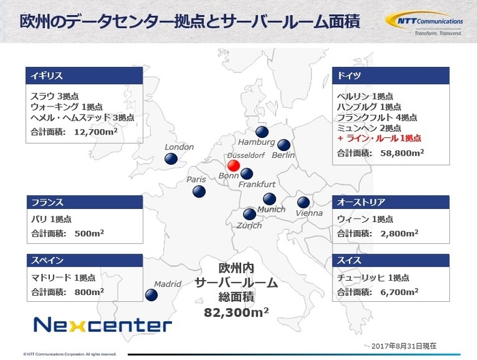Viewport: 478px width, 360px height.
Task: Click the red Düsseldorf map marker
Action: click(x=233, y=166)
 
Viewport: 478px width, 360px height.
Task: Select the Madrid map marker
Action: click(x=152, y=294)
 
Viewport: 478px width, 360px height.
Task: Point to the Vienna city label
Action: click(x=309, y=213)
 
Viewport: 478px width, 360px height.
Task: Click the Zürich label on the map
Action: click(x=249, y=225)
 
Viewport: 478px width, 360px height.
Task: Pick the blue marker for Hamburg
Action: click(x=261, y=133)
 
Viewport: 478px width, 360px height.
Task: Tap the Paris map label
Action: click(x=196, y=180)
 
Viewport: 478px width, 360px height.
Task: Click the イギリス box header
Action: click(x=84, y=74)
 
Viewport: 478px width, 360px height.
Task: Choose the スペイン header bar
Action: click(x=84, y=260)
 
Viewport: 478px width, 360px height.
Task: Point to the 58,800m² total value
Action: click(x=396, y=152)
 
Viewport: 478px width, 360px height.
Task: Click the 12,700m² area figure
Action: click(x=92, y=131)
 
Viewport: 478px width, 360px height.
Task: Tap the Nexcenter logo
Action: click(x=102, y=323)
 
